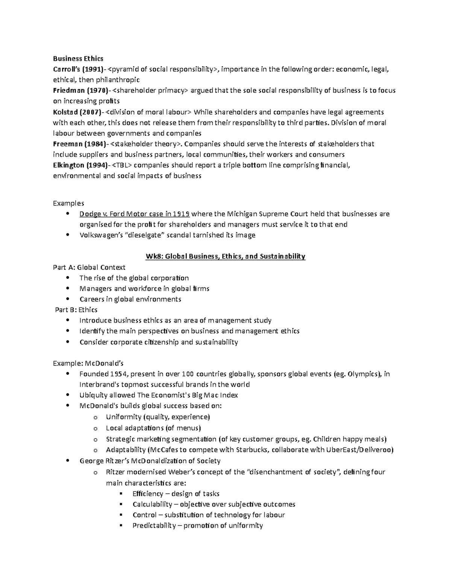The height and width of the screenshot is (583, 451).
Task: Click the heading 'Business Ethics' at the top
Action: (78, 58)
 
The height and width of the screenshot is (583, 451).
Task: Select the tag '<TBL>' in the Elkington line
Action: (121, 165)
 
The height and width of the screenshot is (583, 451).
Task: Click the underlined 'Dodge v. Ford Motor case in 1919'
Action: (135, 214)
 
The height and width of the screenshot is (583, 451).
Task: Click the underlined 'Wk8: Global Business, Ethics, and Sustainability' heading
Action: (225, 256)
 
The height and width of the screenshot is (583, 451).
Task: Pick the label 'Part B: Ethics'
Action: (76, 310)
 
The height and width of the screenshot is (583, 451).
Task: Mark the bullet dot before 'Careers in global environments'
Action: (68, 299)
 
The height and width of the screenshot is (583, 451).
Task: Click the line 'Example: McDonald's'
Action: (88, 363)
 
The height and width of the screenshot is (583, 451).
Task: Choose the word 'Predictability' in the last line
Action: (154, 526)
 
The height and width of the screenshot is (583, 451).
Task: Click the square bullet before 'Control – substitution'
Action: (121, 515)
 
